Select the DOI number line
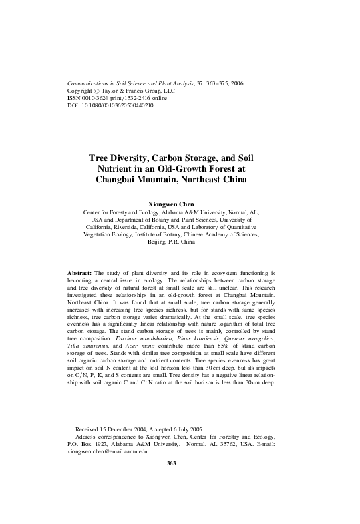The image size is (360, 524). (x=111, y=105)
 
